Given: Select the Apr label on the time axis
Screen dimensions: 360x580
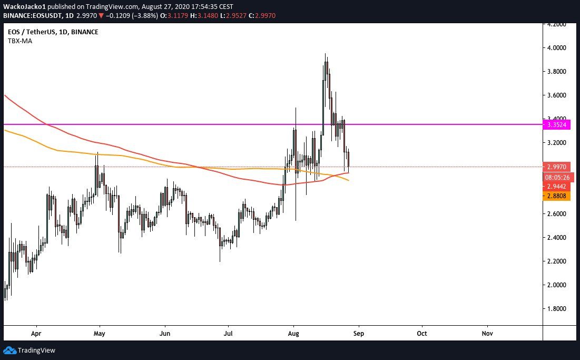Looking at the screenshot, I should pos(36,334).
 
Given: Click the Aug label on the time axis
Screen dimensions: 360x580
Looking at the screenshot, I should pos(293,334).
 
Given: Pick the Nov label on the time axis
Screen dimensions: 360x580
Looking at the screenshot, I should pos(487,334).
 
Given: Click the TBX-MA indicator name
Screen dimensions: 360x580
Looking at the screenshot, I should pos(20,41).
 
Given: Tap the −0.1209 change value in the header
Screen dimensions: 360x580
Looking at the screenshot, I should pos(122,16).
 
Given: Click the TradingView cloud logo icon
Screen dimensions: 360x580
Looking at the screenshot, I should pos(9,350).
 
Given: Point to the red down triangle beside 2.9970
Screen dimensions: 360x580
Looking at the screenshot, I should pos(101,16).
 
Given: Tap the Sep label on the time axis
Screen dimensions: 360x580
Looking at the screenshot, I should pos(359,334).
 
